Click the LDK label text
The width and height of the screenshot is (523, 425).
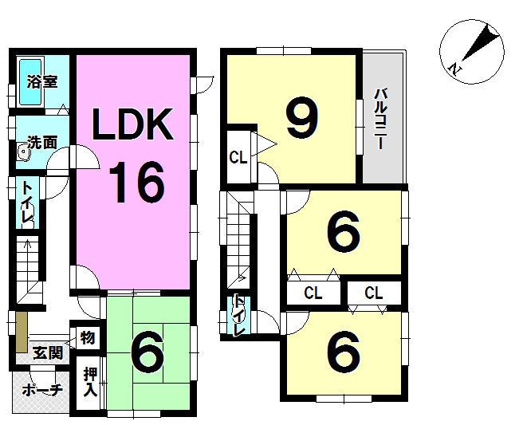click(x=132, y=125)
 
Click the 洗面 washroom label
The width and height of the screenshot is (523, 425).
click(x=42, y=143)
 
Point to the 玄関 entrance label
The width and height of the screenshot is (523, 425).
click(x=48, y=352)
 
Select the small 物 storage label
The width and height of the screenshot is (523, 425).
click(x=87, y=338)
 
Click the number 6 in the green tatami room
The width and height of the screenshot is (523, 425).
click(x=147, y=352)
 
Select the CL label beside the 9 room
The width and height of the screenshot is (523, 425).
click(x=238, y=157)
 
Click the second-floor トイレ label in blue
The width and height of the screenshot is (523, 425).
click(x=238, y=316)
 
